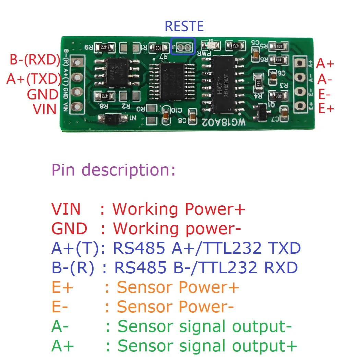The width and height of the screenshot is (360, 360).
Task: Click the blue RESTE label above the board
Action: click(x=184, y=27)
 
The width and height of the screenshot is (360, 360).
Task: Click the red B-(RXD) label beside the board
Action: click(x=35, y=60)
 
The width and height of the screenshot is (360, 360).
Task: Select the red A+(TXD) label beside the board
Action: click(x=34, y=79)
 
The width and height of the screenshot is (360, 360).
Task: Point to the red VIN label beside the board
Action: click(x=45, y=109)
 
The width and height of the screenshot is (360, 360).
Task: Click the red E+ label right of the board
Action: click(x=326, y=109)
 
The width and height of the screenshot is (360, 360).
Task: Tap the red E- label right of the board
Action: click(x=325, y=94)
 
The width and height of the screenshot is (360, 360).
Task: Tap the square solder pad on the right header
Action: click(x=300, y=63)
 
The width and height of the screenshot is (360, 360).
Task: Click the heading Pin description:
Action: click(x=113, y=170)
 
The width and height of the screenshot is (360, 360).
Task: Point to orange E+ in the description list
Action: click(x=62, y=288)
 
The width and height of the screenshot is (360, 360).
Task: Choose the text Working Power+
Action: click(x=179, y=209)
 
